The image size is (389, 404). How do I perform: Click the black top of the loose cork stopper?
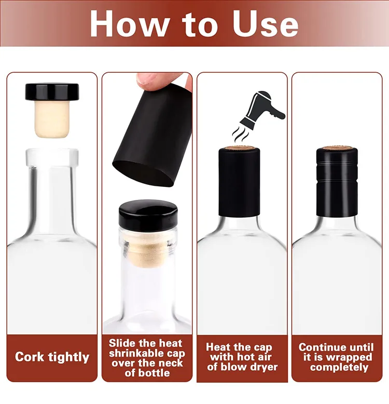[52, 92]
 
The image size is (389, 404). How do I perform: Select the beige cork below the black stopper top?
[52, 119]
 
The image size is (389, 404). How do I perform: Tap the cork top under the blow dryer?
[242, 149]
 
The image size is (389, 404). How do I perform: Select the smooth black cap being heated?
[242, 182]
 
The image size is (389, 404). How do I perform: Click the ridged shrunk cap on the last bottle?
[337, 182]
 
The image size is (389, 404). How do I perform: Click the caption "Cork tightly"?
[52, 357]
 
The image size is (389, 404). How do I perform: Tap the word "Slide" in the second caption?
[123, 344]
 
